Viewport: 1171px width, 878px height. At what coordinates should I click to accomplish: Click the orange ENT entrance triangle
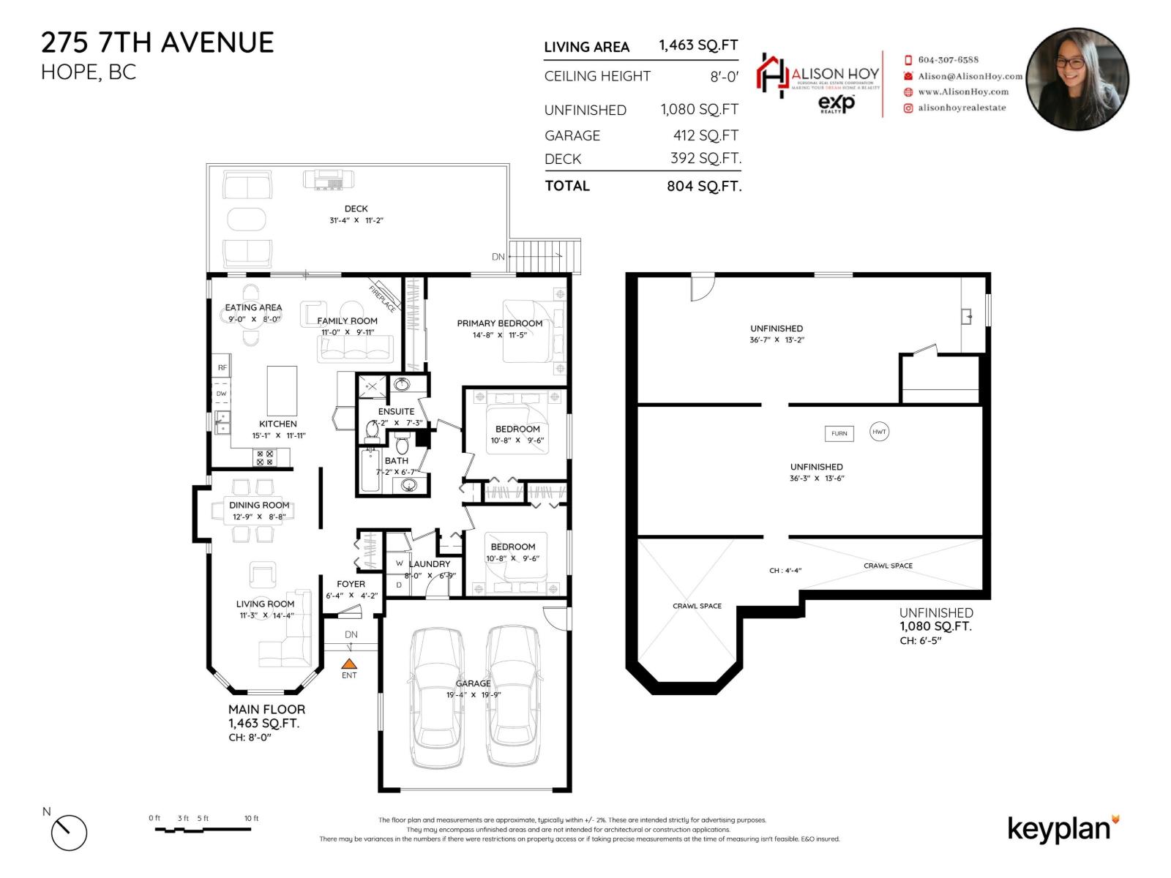(350, 663)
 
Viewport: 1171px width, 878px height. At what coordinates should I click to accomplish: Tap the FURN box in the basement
(839, 433)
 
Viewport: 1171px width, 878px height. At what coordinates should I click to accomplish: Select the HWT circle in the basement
(879, 432)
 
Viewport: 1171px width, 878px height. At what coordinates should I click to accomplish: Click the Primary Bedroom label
(500, 323)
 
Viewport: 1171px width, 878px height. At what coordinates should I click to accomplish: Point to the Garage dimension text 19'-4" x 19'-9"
(474, 694)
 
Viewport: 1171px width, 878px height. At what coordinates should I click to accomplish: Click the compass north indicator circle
(69, 833)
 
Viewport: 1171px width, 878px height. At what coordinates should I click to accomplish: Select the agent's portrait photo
(1077, 78)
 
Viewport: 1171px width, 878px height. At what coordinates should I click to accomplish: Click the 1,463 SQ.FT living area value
(698, 45)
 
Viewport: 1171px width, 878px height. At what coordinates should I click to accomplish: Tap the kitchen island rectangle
(282, 391)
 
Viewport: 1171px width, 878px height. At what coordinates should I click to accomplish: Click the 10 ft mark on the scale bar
(251, 819)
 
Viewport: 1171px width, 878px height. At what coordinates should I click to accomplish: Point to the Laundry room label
(430, 564)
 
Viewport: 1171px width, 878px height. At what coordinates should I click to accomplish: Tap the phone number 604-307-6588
(948, 60)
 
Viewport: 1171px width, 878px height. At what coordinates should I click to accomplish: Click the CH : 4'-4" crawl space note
(785, 570)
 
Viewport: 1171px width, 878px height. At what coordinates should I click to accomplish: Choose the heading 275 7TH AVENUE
(157, 42)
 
